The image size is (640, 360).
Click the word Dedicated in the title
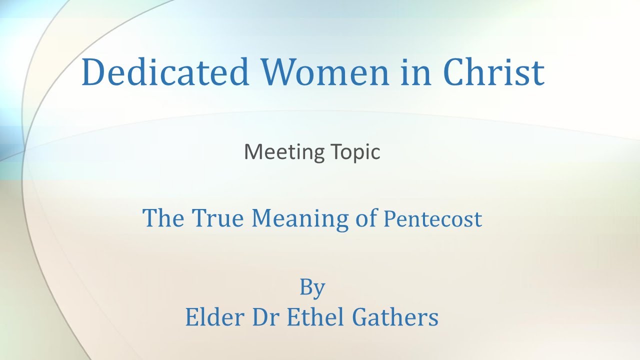point(165,71)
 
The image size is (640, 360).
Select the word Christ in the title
point(494,71)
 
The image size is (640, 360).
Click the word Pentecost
point(432,219)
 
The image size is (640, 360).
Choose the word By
point(312,288)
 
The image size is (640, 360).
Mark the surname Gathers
point(397,317)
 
